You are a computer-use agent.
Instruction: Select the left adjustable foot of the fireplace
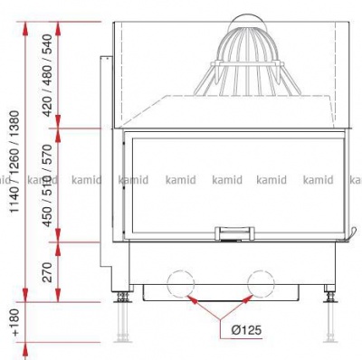[119, 298]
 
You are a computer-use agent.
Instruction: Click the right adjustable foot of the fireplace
[329, 298]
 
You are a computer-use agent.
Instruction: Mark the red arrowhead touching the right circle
[252, 297]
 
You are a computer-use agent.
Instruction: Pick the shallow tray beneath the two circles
[222, 292]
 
